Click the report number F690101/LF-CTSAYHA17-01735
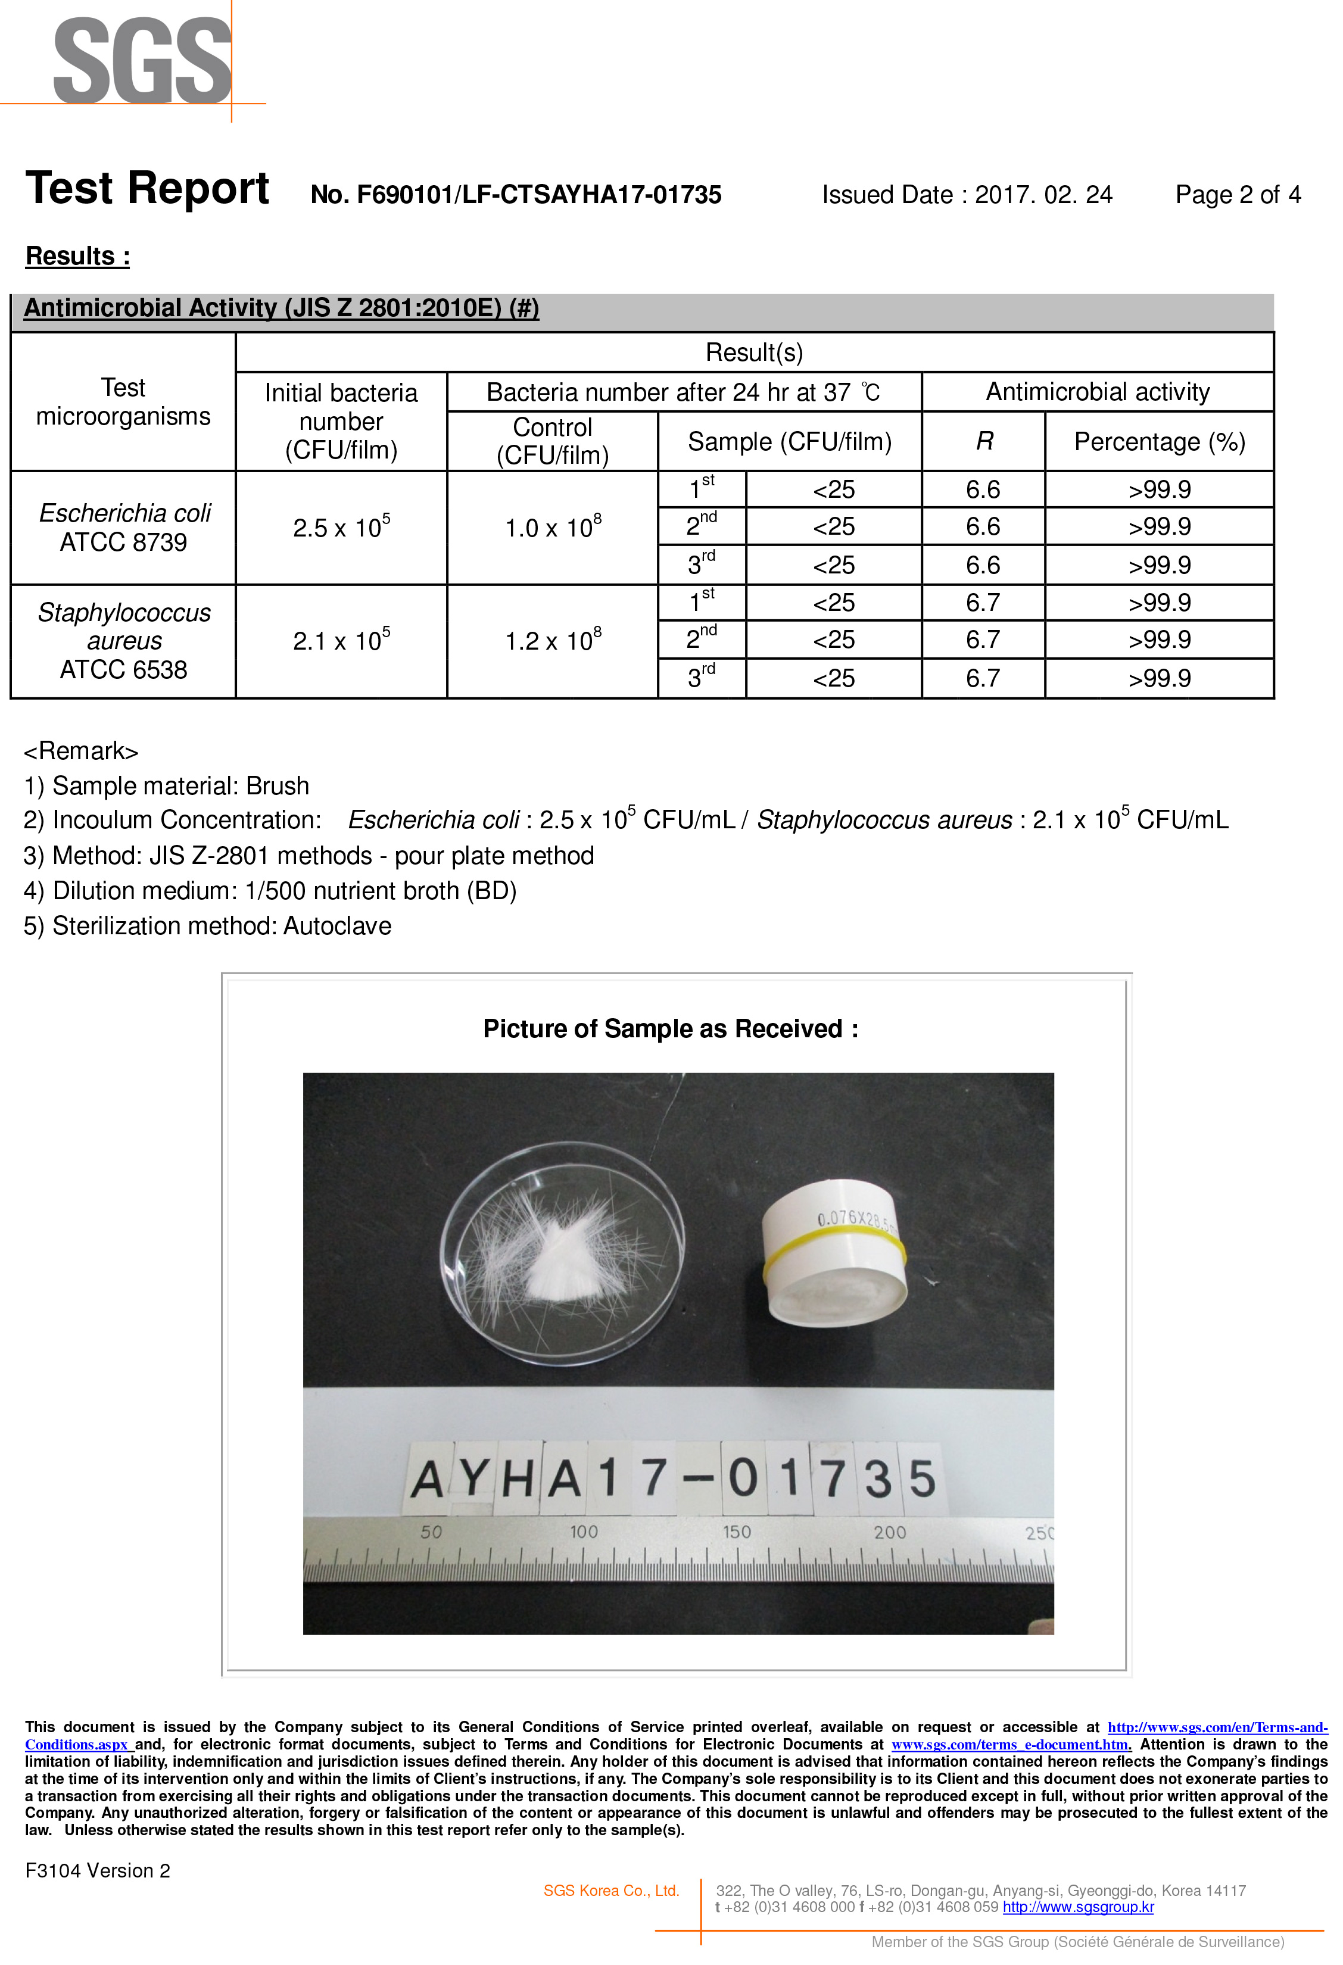516,195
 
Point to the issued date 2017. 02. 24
1043,195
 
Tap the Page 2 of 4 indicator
1237,195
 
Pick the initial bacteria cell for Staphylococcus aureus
341,641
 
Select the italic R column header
983,441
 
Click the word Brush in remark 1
278,787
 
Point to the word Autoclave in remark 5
336,926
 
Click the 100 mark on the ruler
584,1532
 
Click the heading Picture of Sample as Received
670,1029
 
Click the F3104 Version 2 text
97,1870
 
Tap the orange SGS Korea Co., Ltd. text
610,1891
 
